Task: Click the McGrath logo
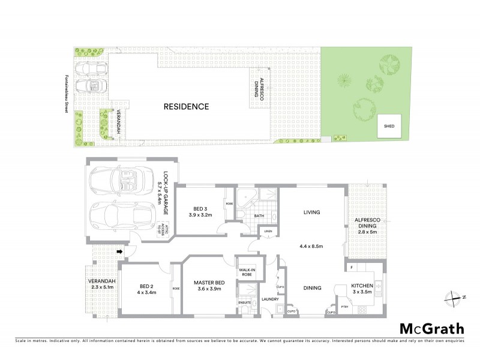[432, 328]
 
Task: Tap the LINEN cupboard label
[267, 232]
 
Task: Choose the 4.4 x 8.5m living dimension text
[311, 246]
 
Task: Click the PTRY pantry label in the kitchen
[345, 307]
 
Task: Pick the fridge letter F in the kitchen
[350, 266]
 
